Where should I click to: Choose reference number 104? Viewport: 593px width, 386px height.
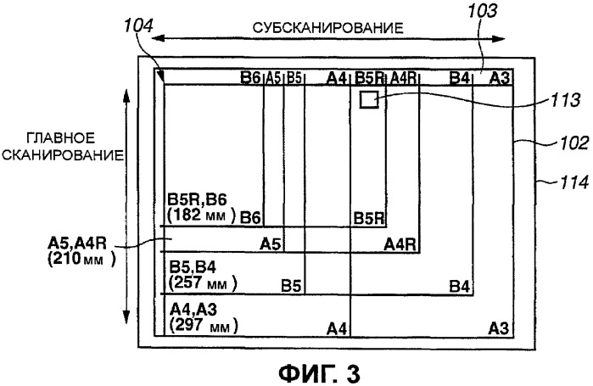pos(138,26)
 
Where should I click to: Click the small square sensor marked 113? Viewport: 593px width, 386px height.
pos(368,101)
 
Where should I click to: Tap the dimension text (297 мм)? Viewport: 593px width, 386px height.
pos(203,325)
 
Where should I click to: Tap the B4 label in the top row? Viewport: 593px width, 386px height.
pos(459,79)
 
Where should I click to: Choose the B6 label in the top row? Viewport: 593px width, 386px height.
pos(250,79)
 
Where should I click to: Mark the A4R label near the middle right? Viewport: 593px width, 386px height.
pos(399,244)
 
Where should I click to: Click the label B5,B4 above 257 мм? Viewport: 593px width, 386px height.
pos(192,268)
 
